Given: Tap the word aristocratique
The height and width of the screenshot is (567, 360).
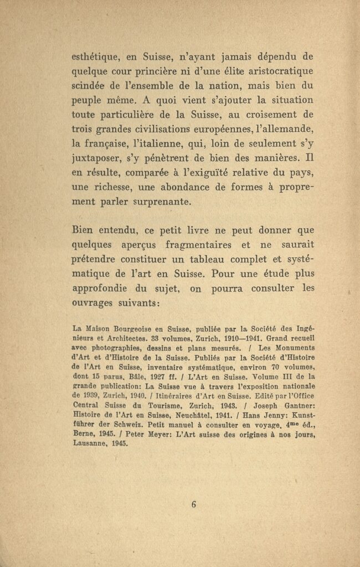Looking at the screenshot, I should [276, 71].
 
